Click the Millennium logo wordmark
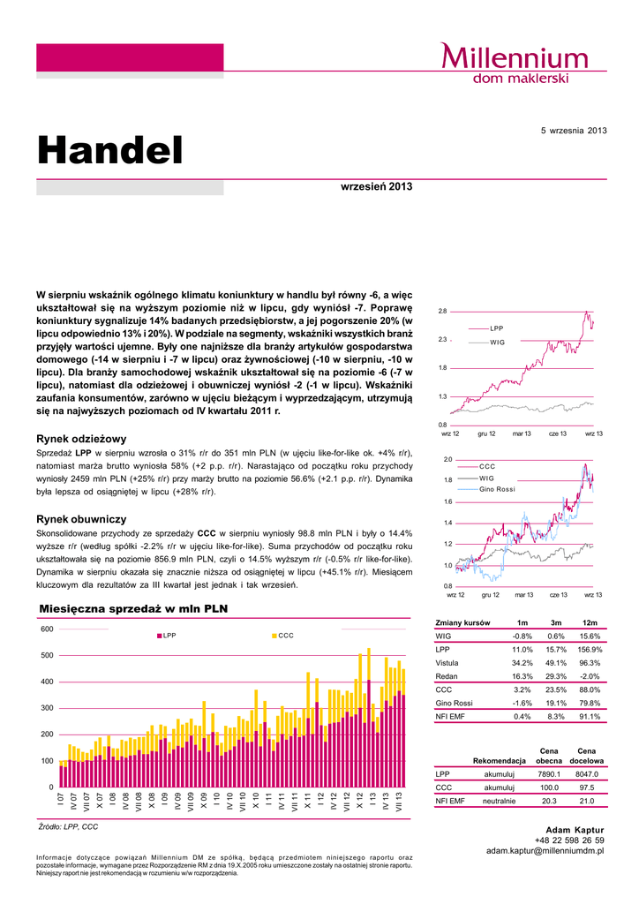tap(515, 58)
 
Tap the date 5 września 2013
tap(574, 131)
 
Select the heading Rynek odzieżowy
tap(81, 438)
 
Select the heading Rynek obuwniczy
tap(81, 519)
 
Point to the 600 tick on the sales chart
tap(47, 629)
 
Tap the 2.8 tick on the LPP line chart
tap(443, 312)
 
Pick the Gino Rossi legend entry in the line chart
tap(497, 489)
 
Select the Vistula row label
tap(447, 662)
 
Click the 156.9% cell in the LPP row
tap(588, 649)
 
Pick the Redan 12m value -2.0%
tap(590, 675)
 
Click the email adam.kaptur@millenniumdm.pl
tap(545, 850)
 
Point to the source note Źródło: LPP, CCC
tap(69, 826)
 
